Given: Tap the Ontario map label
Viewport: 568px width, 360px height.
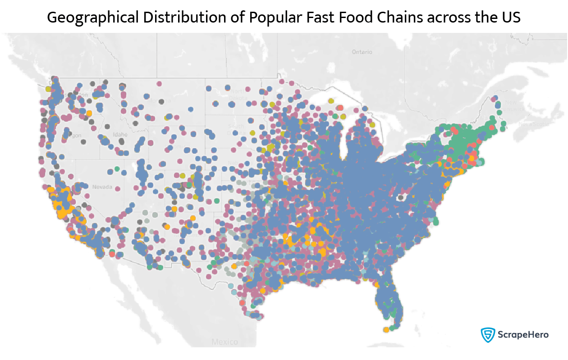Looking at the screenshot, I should coord(362,52).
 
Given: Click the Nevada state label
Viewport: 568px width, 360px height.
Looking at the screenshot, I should coord(101,187).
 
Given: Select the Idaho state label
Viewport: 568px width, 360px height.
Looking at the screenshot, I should coord(120,134).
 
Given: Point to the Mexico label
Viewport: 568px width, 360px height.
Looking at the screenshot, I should coord(224,342).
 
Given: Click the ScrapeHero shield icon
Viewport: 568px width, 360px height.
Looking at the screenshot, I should coord(487,334).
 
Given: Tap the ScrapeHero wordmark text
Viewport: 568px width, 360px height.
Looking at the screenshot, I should coord(522,335).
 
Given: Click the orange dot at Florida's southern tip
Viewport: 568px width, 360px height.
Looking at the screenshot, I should coord(386,330).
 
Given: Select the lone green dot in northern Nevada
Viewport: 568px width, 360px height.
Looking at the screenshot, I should coord(117,169).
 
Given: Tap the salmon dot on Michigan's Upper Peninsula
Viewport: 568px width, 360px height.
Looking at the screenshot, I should coord(340,108).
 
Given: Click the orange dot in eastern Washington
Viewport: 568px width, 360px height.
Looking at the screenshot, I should coord(89,113).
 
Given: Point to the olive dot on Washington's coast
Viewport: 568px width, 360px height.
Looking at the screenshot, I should coord(48,89).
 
